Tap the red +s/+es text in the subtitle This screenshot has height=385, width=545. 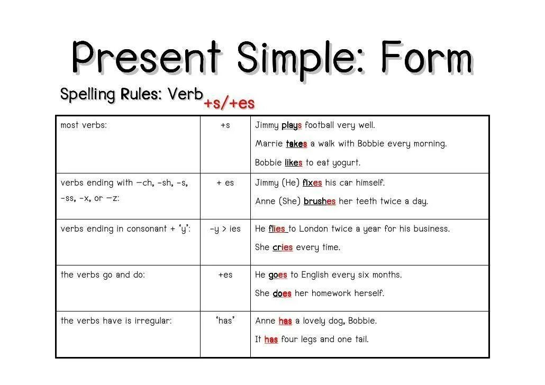pyautogui.click(x=229, y=103)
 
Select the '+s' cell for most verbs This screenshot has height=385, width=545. pyautogui.click(x=225, y=125)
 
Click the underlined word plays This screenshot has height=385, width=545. pyautogui.click(x=292, y=125)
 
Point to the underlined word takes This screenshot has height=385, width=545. pyautogui.click(x=296, y=144)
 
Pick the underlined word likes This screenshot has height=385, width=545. pyautogui.click(x=293, y=163)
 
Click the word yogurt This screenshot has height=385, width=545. pyautogui.click(x=347, y=163)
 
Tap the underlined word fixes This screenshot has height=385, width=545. pyautogui.click(x=312, y=183)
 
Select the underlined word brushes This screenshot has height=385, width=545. pyautogui.click(x=320, y=201)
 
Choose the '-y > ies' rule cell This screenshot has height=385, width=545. pyautogui.click(x=225, y=229)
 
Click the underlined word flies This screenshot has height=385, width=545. pyautogui.click(x=277, y=229)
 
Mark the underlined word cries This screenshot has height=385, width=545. pyautogui.click(x=283, y=247)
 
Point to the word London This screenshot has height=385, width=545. pyautogui.click(x=317, y=229)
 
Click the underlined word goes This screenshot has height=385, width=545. pyautogui.click(x=278, y=275)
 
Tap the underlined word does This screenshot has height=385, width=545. pyautogui.click(x=282, y=294)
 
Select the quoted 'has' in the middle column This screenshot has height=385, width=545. pyautogui.click(x=225, y=320)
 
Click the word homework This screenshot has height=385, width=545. pyautogui.click(x=336, y=294)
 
